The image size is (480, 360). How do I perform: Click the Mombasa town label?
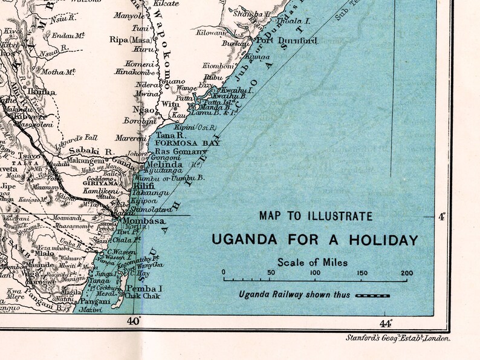144,221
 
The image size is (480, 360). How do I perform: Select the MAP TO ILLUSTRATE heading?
316,216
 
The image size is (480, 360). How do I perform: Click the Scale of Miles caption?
313,262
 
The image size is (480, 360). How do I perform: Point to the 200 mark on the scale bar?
406,273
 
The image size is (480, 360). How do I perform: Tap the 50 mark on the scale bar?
271,273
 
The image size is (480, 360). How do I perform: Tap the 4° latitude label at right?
441,216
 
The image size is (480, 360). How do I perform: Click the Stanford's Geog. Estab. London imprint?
398,339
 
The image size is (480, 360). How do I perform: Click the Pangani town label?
95,301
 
